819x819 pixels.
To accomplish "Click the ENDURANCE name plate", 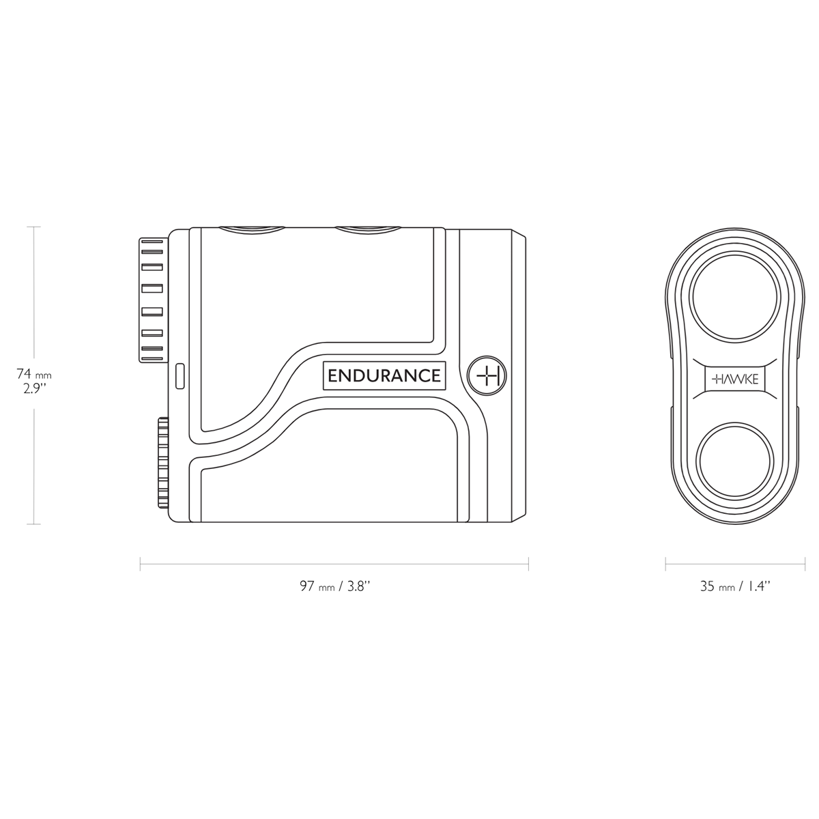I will pyautogui.click(x=384, y=376).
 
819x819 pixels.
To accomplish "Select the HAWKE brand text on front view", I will pyautogui.click(x=734, y=379).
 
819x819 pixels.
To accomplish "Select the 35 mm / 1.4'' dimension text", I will pyautogui.click(x=734, y=586).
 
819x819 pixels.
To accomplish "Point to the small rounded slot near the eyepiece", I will pyautogui.click(x=180, y=376).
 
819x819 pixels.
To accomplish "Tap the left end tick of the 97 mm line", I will pyautogui.click(x=140, y=564).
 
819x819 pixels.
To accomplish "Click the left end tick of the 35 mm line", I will pyautogui.click(x=666, y=564).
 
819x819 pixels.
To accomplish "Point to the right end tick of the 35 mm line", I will pyautogui.click(x=802, y=564).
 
